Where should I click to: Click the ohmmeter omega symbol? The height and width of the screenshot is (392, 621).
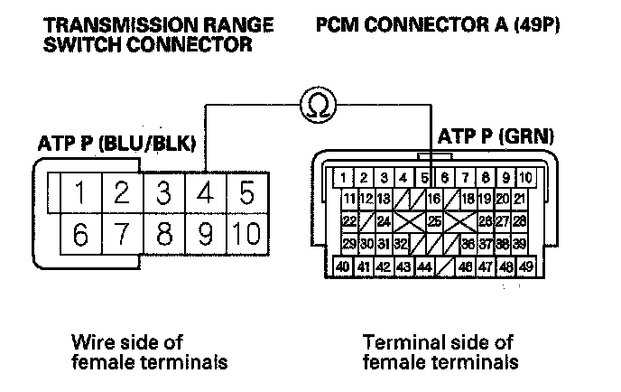pyautogui.click(x=318, y=107)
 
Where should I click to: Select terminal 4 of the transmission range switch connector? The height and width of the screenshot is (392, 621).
pyautogui.click(x=205, y=193)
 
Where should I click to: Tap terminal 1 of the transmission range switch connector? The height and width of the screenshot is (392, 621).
pyautogui.click(x=81, y=193)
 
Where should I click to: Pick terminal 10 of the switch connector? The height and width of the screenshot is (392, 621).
pyautogui.click(x=245, y=235)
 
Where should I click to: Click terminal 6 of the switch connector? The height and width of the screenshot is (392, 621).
pyautogui.click(x=81, y=235)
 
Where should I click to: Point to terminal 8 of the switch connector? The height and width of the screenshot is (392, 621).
pyautogui.click(x=163, y=235)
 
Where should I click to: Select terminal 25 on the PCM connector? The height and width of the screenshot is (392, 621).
pyautogui.click(x=434, y=220)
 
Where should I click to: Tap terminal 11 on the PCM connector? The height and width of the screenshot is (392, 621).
pyautogui.click(x=350, y=199)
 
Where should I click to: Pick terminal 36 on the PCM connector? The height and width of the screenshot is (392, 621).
pyautogui.click(x=468, y=243)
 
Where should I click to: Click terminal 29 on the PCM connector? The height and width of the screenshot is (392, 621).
pyautogui.click(x=350, y=243)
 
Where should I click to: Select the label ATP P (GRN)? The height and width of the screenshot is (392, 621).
pyautogui.click(x=496, y=137)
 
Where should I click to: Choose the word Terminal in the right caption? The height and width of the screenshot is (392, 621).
pyautogui.click(x=397, y=342)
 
